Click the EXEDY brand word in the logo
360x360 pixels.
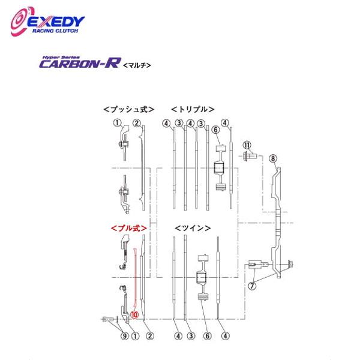57,22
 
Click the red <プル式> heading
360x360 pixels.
128,228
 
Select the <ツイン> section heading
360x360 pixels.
193,228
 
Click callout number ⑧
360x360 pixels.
273,158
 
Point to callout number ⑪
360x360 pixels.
247,145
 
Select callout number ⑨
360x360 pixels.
125,335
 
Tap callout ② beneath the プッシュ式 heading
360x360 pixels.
137,124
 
